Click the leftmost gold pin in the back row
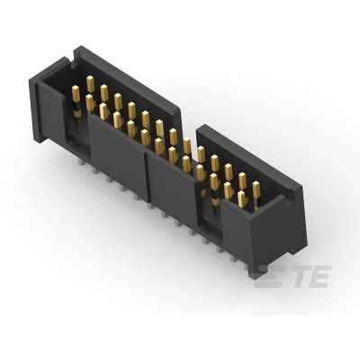point(90,84)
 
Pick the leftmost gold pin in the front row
point(76,94)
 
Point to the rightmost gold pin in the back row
point(256,189)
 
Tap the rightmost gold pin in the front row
point(241,199)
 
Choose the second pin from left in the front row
point(90,103)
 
